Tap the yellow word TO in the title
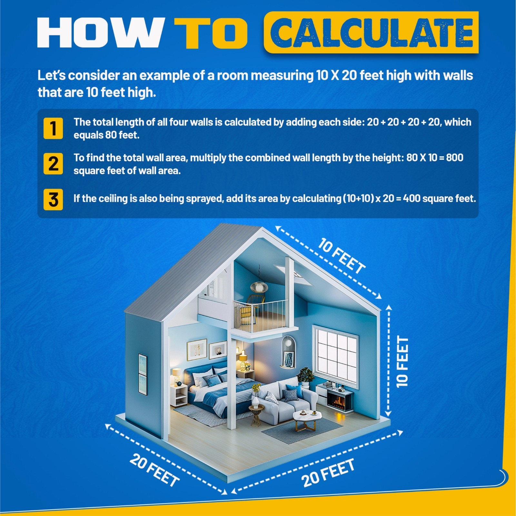tap(211, 32)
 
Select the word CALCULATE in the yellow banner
tap(371, 32)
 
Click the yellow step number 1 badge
tap(53, 128)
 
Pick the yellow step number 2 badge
tap(53, 164)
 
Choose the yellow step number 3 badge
tap(53, 199)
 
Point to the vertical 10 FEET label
tap(402, 361)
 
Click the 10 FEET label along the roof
tap(342, 256)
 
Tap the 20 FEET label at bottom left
tap(154, 470)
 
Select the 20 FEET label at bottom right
tap(328, 472)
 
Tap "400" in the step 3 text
tap(412, 198)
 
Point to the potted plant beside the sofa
tap(305, 377)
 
